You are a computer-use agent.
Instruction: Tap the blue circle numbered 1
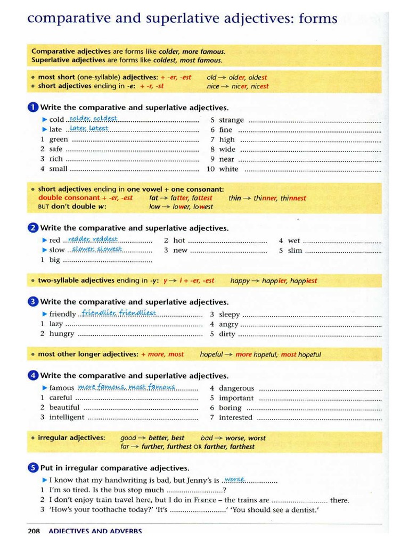(x=32, y=108)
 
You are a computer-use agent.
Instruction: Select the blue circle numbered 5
(x=32, y=468)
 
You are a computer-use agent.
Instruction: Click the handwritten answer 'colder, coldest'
(x=93, y=118)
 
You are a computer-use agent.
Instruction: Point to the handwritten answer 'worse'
(x=234, y=479)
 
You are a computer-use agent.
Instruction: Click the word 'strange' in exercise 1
(x=231, y=120)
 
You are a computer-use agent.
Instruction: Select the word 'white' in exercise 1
(x=229, y=169)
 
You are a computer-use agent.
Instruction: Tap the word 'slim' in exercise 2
(x=295, y=250)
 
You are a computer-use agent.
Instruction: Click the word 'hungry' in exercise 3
(x=62, y=334)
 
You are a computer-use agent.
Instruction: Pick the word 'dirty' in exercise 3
(x=227, y=334)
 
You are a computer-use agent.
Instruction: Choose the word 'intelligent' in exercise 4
(x=67, y=417)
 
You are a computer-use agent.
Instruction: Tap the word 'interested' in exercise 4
(x=236, y=418)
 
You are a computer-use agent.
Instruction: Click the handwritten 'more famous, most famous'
(x=126, y=387)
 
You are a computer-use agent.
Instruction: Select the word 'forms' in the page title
(x=317, y=19)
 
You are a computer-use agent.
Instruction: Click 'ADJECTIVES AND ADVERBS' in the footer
(x=95, y=531)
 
